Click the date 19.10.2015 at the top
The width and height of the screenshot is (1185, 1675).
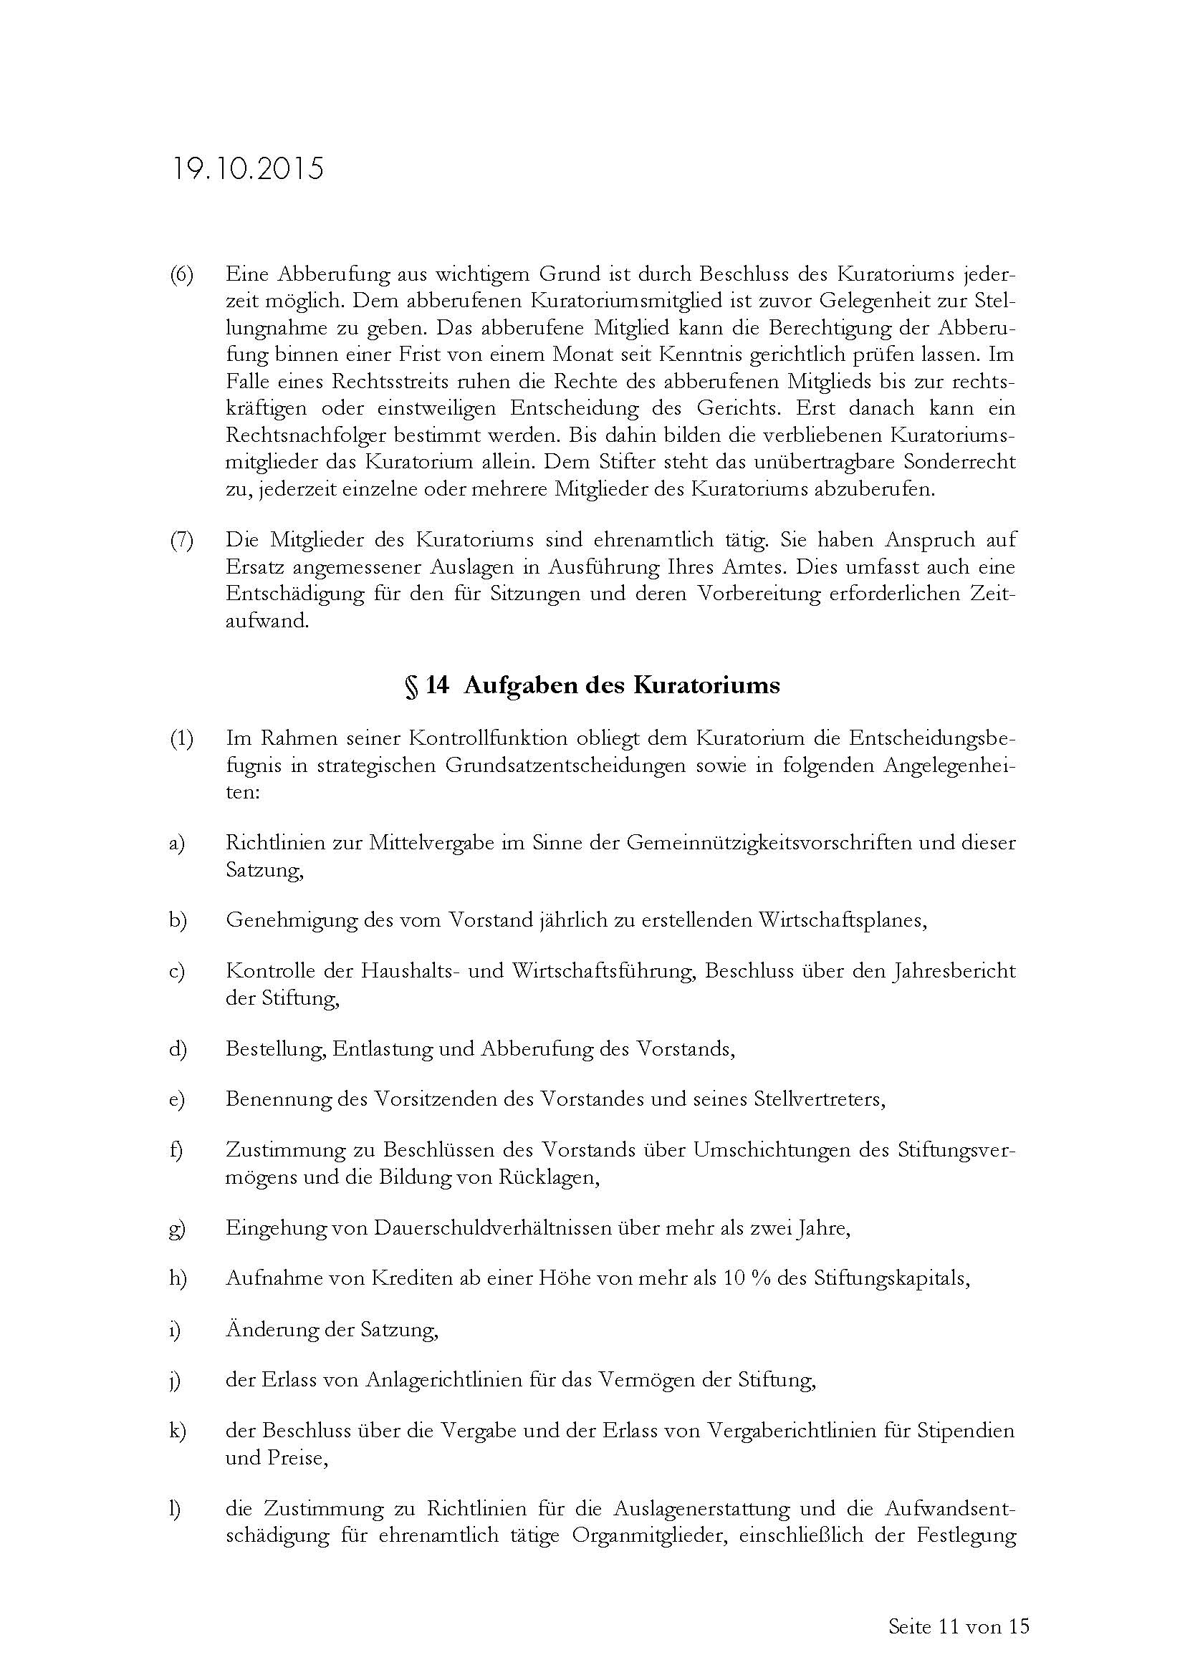pos(247,169)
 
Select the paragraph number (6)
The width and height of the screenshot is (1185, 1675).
pos(182,275)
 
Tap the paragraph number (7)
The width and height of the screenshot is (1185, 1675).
pos(182,541)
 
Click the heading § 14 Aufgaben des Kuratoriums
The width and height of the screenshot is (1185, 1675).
pos(592,685)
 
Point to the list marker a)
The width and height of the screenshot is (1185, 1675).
pos(176,844)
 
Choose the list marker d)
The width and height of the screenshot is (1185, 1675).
pos(177,1049)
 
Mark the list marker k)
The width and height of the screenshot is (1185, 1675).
pos(177,1432)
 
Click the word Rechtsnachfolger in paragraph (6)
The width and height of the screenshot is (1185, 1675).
pos(306,435)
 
